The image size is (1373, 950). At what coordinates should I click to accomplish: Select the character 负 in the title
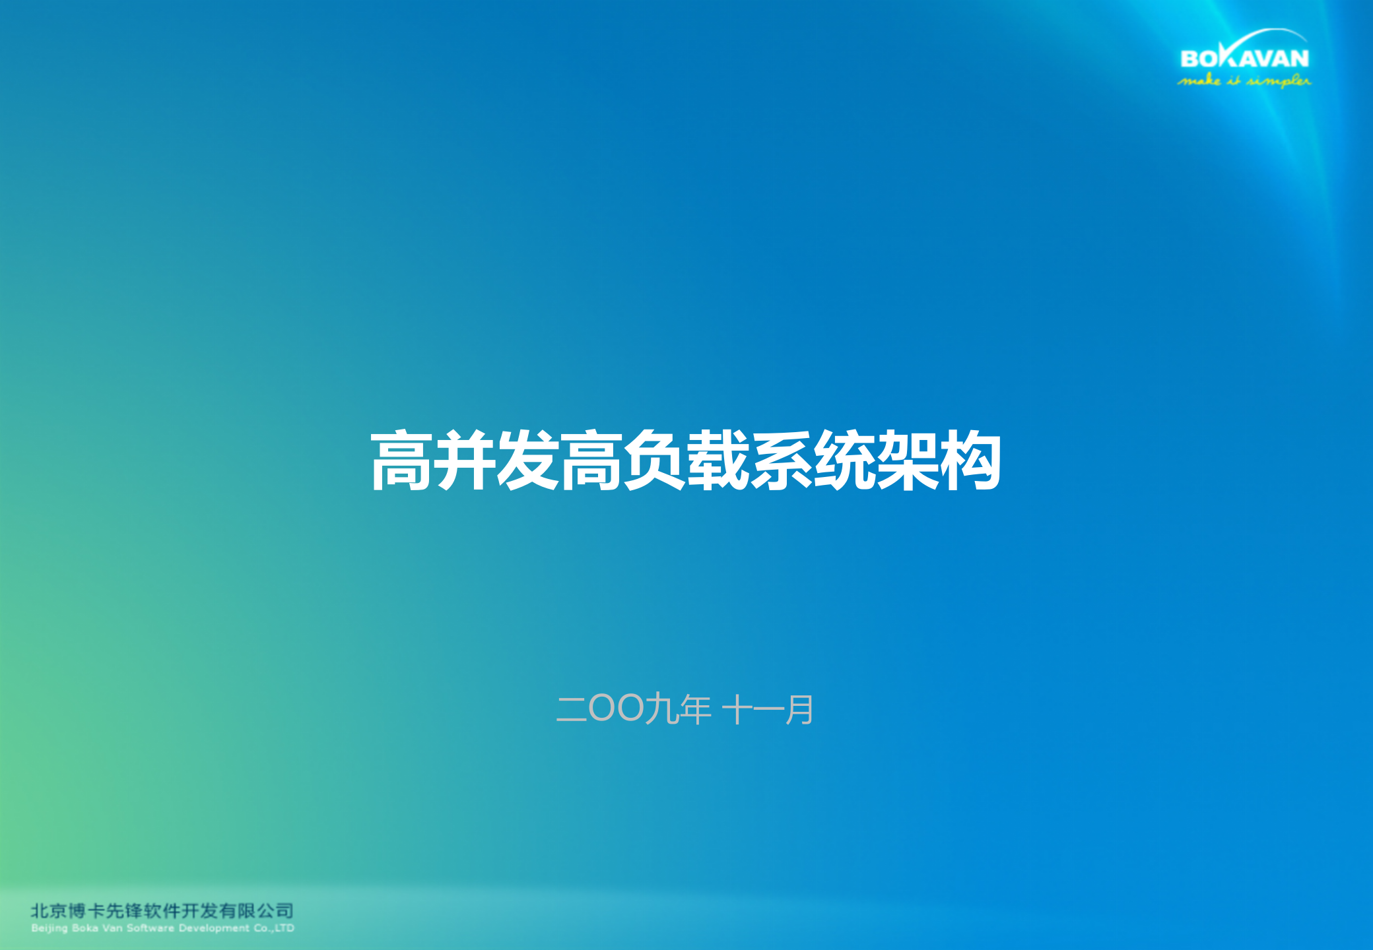coord(654,460)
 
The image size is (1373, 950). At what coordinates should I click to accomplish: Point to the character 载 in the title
coord(718,460)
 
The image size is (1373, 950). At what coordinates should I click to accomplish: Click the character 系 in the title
coord(781,460)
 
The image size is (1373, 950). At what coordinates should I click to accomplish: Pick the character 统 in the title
coord(844,460)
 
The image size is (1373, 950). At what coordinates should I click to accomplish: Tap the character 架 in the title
coord(908,460)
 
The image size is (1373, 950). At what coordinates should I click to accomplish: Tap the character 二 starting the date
coord(572,709)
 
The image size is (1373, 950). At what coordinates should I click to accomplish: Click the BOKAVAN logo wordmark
coord(1244,58)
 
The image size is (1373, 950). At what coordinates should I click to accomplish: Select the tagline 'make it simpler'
coord(1244,81)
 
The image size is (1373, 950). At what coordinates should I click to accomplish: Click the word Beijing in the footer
coord(50,928)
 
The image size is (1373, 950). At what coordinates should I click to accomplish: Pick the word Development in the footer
coord(214,928)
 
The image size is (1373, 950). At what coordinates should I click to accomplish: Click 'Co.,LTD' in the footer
coord(274,928)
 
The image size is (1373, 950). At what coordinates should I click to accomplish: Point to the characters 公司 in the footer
coord(275,911)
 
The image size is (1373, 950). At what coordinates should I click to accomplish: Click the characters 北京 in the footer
coord(49,911)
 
